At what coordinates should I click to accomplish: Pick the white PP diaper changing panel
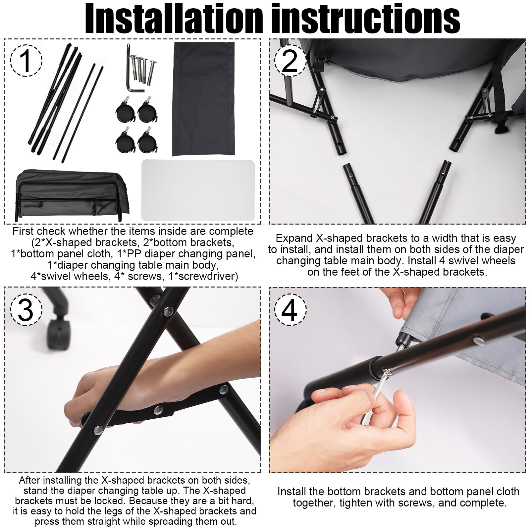(x=198, y=190)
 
